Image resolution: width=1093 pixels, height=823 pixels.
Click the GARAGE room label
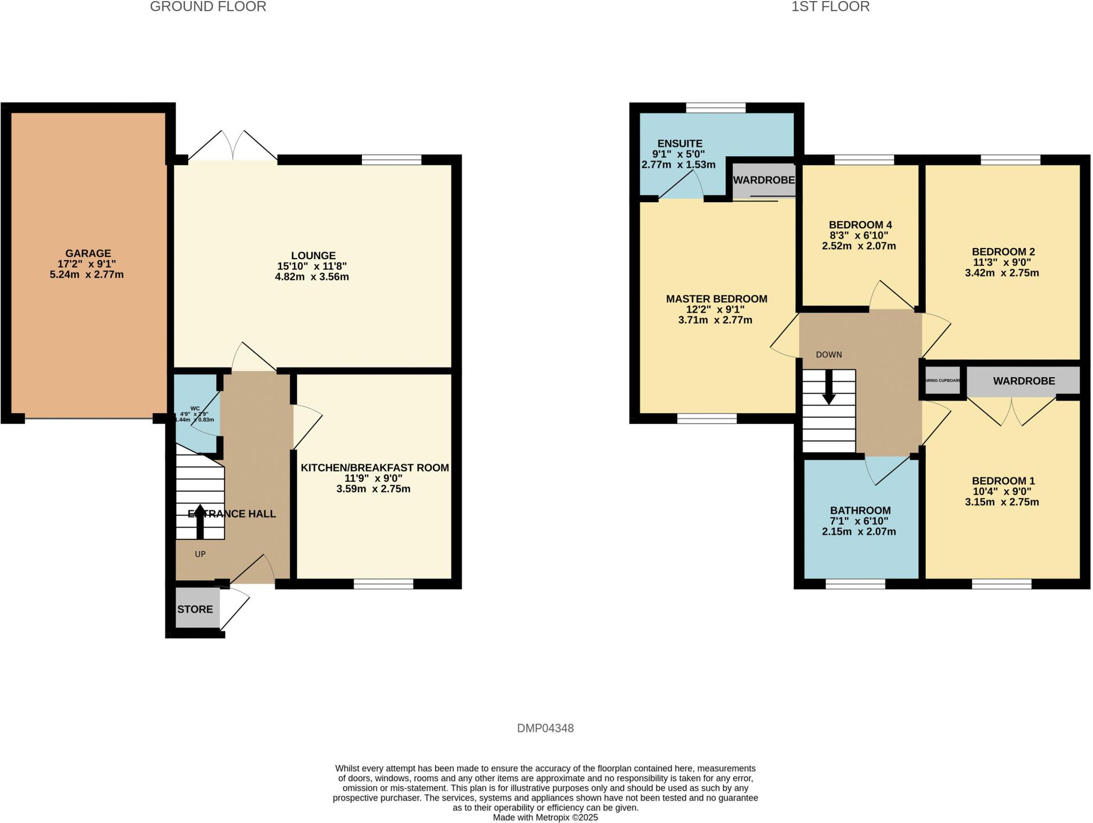(88, 253)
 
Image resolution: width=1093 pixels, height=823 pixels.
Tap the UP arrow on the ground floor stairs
(200, 521)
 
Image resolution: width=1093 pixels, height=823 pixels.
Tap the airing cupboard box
(942, 380)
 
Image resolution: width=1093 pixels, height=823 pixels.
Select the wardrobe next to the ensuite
(764, 180)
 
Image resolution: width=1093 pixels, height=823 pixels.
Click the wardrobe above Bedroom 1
(1023, 381)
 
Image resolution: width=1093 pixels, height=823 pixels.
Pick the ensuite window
(715, 108)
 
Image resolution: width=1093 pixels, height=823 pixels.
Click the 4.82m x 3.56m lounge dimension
(312, 277)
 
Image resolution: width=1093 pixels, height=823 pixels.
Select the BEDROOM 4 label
(860, 225)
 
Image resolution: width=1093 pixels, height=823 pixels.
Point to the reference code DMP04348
(545, 728)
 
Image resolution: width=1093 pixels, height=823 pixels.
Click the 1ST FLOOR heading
(830, 7)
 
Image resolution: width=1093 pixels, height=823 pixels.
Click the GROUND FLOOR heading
(208, 7)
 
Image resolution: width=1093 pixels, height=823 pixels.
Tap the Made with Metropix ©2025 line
(545, 817)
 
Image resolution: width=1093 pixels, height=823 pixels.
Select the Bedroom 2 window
(1010, 159)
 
